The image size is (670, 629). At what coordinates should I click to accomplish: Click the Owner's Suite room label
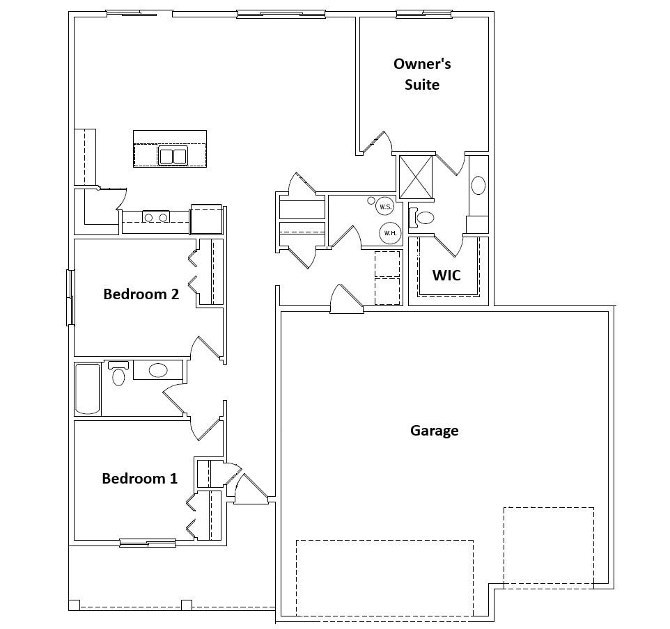pos(422,74)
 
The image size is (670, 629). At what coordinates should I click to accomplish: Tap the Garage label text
pos(434,431)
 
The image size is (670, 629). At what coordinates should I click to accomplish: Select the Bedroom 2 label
pos(141,294)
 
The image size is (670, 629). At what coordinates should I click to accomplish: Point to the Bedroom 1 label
pos(139,479)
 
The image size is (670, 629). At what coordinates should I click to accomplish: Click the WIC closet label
pos(446,275)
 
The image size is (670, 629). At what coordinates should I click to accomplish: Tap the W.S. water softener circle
pos(384,207)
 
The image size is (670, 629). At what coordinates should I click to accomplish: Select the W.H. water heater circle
pos(389,233)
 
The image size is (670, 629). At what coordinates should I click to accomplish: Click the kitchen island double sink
pos(173,156)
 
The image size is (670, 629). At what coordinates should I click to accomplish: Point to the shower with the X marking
pos(415,177)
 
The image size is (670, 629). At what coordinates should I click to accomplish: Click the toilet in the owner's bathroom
pos(423,218)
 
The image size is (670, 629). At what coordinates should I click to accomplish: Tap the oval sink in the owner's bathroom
pos(478,185)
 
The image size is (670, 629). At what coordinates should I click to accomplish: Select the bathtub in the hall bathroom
pos(88,388)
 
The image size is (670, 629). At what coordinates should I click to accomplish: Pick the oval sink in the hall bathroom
pos(158,370)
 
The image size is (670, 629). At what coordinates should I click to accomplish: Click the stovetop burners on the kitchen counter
pos(155,218)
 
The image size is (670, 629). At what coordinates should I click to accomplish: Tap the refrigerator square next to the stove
pos(206,219)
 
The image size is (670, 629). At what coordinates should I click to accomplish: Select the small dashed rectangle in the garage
pos(548,548)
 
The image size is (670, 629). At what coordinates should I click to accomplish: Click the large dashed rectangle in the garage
pos(384,578)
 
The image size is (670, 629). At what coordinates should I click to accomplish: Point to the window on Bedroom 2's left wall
pos(70,297)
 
